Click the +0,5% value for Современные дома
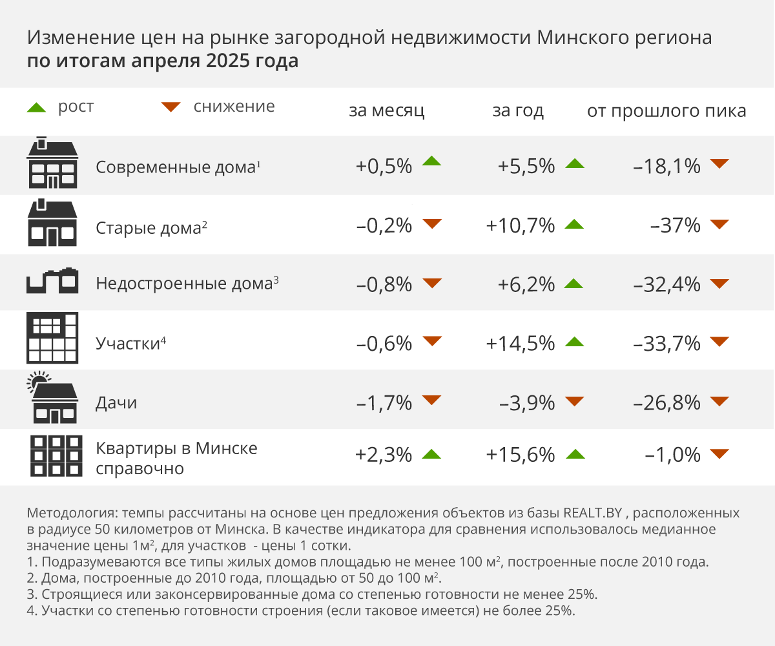point(384,166)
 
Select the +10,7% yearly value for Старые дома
point(520,225)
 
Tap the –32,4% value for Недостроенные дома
point(668,284)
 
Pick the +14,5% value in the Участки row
point(520,343)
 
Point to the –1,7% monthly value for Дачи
point(384,403)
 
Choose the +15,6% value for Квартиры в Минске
point(520,455)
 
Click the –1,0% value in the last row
point(673,455)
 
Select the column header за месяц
point(386,110)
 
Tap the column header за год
point(518,110)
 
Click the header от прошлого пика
point(666,110)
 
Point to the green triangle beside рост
point(36,107)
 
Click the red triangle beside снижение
point(171,107)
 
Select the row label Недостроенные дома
point(183,284)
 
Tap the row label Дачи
point(116,403)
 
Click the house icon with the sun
point(52,397)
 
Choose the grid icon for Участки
point(52,338)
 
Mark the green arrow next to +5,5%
point(574,164)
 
